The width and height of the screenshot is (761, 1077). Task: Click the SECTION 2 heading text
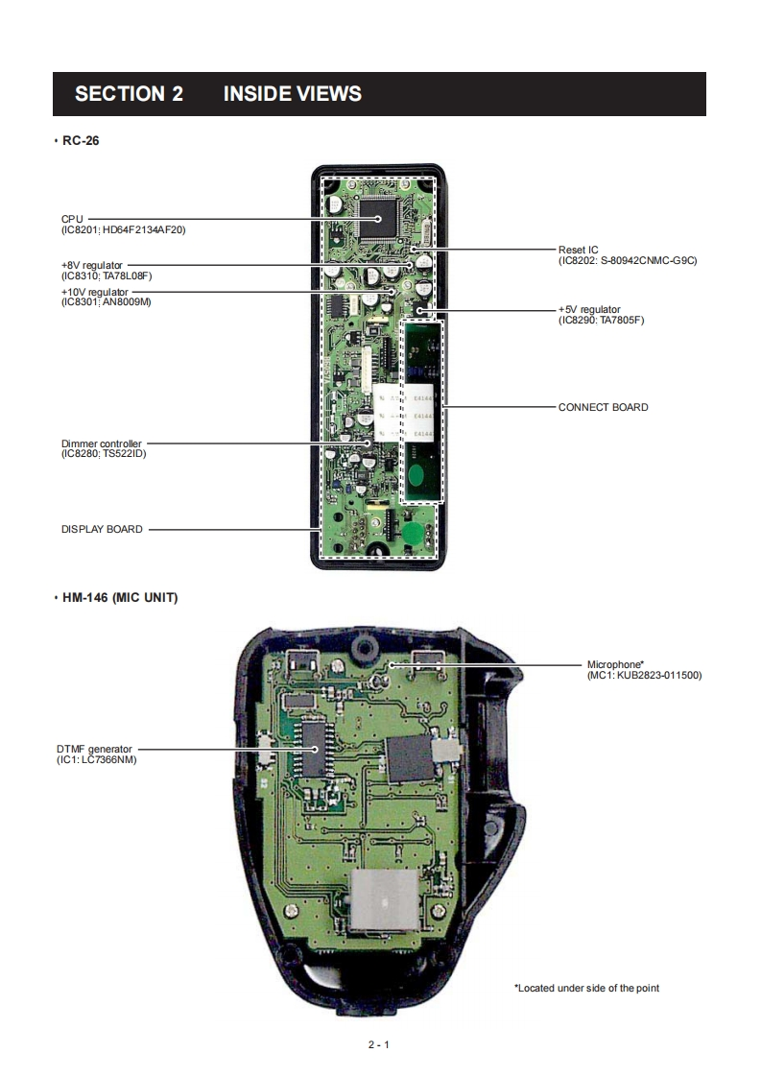(x=129, y=94)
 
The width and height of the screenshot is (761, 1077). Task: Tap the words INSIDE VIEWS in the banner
(x=292, y=94)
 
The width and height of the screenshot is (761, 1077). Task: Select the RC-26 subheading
(x=81, y=141)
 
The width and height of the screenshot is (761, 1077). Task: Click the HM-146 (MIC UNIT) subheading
(x=120, y=598)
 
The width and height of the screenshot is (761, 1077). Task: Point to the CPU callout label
(x=72, y=219)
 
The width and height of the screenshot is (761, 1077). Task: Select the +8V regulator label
(x=92, y=264)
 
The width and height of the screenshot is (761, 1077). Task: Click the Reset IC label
(x=578, y=250)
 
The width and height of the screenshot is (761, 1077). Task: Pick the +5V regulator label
(x=589, y=309)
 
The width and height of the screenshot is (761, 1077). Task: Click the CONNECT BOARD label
(x=603, y=407)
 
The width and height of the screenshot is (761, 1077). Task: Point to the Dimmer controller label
(x=101, y=443)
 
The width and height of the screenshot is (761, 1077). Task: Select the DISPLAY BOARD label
(x=102, y=529)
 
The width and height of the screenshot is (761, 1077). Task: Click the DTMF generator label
(x=94, y=749)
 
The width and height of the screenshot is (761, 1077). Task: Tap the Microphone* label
(x=614, y=664)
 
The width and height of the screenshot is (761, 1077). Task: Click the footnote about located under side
(x=586, y=988)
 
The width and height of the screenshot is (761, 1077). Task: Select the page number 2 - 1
(x=379, y=1045)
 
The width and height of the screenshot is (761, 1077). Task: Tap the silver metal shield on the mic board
(x=384, y=902)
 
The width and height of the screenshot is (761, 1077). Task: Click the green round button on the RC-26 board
(x=413, y=534)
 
